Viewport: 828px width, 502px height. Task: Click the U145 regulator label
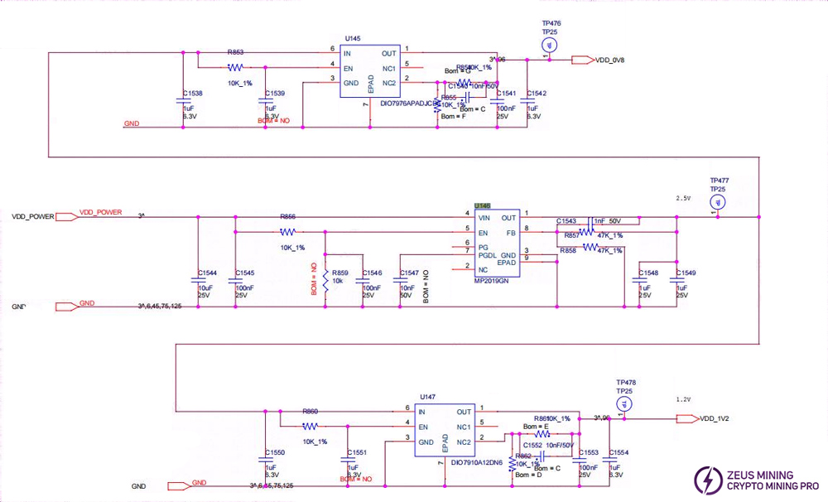coord(353,38)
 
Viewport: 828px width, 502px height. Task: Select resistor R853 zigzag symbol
coord(235,66)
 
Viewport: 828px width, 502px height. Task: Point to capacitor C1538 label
coord(191,94)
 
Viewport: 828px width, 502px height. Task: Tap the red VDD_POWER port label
coord(100,213)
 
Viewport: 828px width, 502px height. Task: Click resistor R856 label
coord(288,216)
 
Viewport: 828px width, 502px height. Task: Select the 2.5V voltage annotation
coord(683,199)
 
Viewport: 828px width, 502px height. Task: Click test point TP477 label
coord(719,181)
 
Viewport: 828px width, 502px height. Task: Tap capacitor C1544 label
coord(208,273)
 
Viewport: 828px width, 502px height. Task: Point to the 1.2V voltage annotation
coord(683,399)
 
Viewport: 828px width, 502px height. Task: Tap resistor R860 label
coord(310,411)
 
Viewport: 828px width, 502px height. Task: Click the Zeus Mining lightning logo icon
coord(710,480)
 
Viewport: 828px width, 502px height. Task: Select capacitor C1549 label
coord(686,273)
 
